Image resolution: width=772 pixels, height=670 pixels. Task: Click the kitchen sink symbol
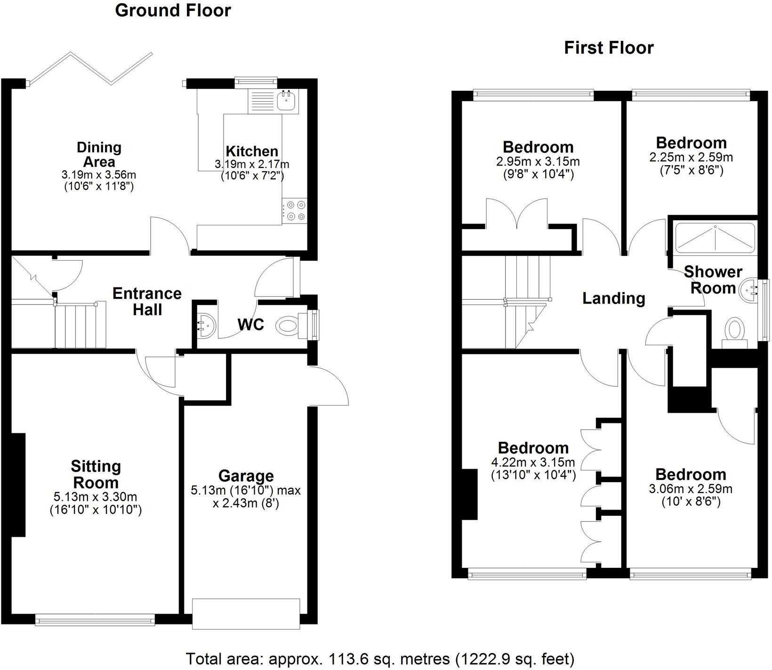(x=286, y=100)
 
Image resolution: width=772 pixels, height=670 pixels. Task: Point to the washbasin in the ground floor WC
(x=207, y=324)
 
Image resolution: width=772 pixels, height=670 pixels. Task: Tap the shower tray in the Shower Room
(x=715, y=238)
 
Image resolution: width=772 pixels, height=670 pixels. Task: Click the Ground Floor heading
(x=173, y=10)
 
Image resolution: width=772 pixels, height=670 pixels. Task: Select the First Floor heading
(x=609, y=48)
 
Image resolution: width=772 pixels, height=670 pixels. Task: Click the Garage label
(x=246, y=476)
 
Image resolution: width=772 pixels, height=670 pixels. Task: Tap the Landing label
(x=613, y=298)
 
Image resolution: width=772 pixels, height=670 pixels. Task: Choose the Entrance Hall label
(x=147, y=302)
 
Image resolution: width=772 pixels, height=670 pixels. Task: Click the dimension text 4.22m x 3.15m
(x=533, y=462)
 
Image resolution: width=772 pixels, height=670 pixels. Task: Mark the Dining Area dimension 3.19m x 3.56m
(x=99, y=175)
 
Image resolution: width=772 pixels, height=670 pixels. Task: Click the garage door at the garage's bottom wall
(x=246, y=614)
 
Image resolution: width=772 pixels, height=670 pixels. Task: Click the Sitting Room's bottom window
(x=95, y=621)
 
